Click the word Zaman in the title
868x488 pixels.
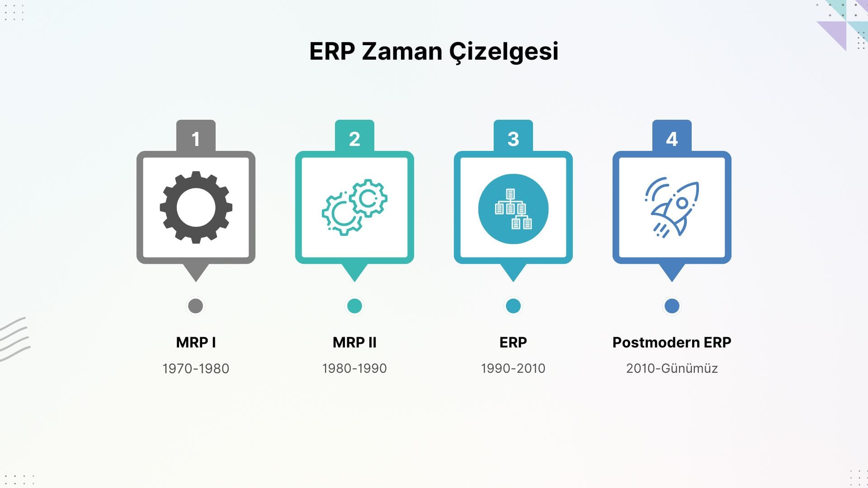click(x=401, y=52)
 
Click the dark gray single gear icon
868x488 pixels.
click(x=196, y=207)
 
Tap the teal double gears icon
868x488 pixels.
click(x=354, y=207)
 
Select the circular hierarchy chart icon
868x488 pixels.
click(x=513, y=209)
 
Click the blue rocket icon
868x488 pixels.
click(x=672, y=207)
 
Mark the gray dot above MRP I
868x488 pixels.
click(x=196, y=306)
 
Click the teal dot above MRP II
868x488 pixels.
click(x=354, y=306)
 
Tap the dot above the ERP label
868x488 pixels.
click(x=513, y=306)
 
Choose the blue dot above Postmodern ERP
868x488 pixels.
click(x=672, y=306)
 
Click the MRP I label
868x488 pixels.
click(x=196, y=343)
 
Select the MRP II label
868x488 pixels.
click(x=354, y=343)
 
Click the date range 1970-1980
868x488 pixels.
click(x=196, y=369)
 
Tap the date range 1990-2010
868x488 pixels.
click(x=513, y=369)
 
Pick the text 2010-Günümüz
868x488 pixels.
click(x=672, y=369)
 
